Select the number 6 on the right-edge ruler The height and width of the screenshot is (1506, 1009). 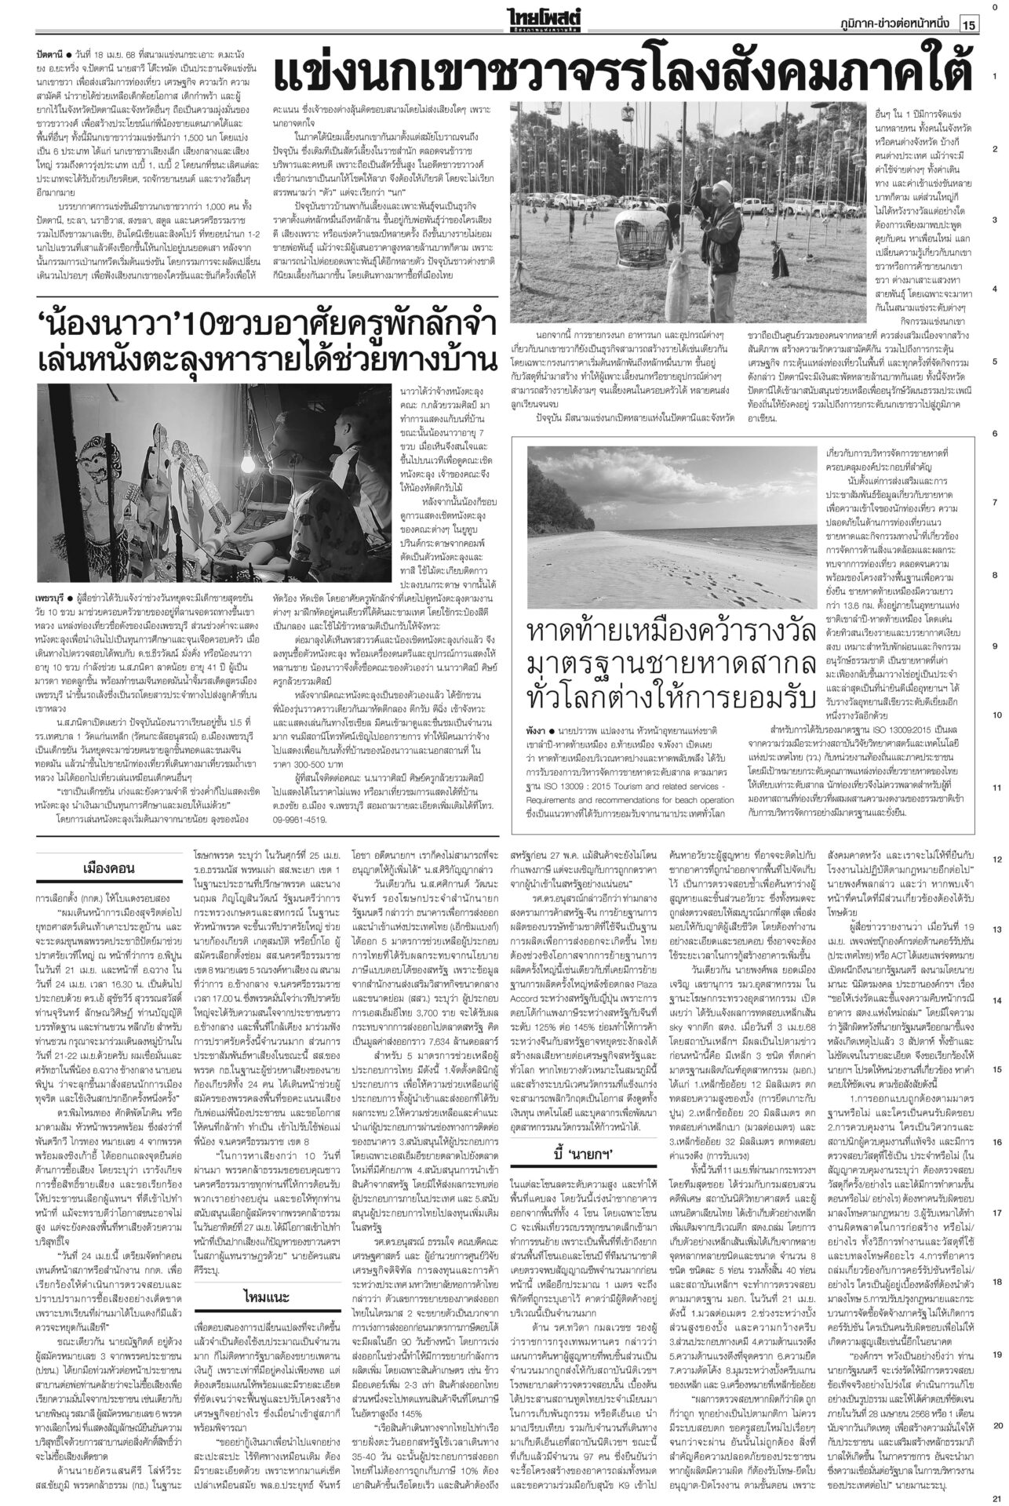point(994,433)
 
